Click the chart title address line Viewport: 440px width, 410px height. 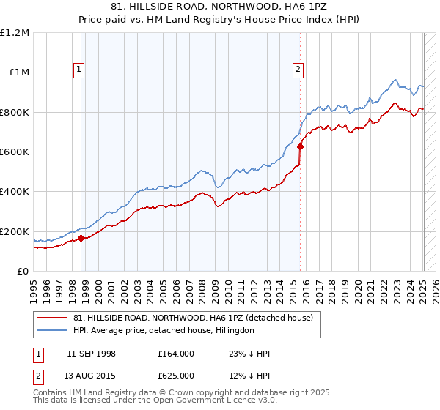pyautogui.click(x=219, y=7)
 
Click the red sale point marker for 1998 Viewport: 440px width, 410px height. pyautogui.click(x=81, y=238)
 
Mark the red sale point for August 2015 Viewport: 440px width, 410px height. pyautogui.click(x=300, y=146)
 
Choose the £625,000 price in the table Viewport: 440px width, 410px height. pyautogui.click(x=176, y=376)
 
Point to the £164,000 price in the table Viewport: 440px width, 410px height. pyautogui.click(x=176, y=354)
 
